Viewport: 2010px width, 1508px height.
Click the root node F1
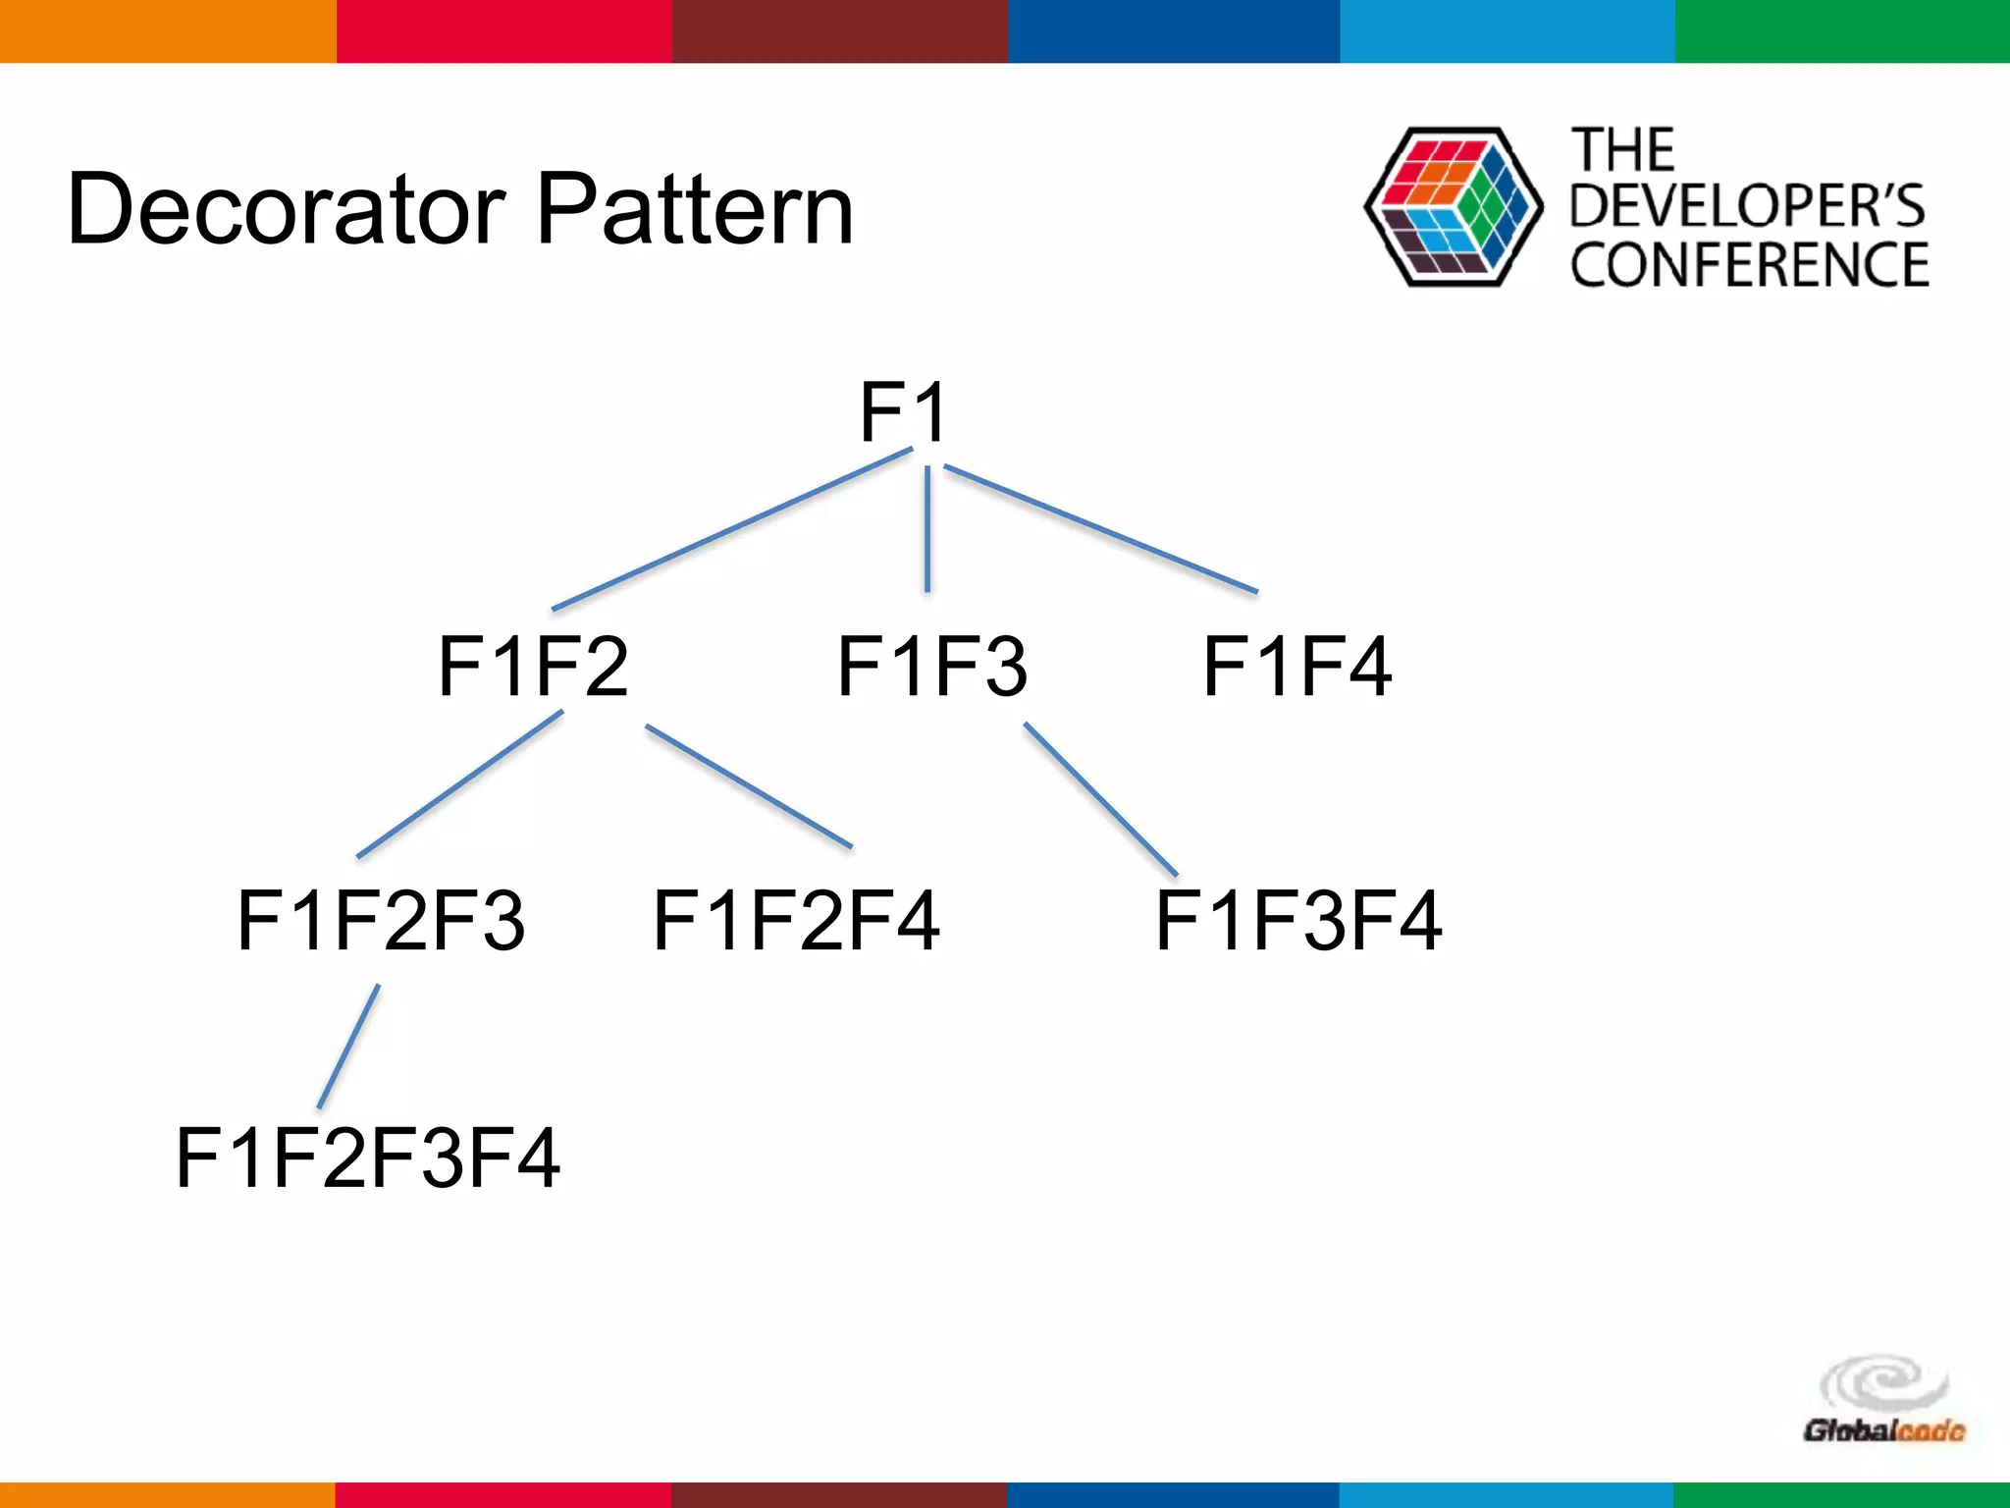coord(903,412)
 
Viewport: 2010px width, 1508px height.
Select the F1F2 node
coord(533,667)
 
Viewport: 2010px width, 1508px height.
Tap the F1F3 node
coord(931,667)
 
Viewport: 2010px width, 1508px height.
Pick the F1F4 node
coord(1296,667)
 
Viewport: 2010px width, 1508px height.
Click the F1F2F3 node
coord(381,920)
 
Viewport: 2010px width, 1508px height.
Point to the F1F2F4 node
coord(796,920)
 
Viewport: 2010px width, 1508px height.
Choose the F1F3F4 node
coord(1298,920)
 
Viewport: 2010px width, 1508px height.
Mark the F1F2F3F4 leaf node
coord(368,1158)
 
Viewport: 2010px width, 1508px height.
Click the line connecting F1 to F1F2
coord(732,529)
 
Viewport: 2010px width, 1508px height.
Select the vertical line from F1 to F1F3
coord(927,530)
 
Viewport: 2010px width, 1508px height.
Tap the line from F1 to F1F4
coord(1099,528)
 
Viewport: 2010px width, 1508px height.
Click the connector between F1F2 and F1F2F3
coord(459,784)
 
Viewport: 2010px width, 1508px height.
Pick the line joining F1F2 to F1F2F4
coord(748,786)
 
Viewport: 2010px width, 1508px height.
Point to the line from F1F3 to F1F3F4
coord(1100,799)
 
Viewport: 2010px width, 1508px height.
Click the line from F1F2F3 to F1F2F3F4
coord(349,1047)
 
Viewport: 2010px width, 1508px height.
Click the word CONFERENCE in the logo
coord(1749,265)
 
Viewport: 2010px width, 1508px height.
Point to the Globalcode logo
coord(1883,1404)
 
